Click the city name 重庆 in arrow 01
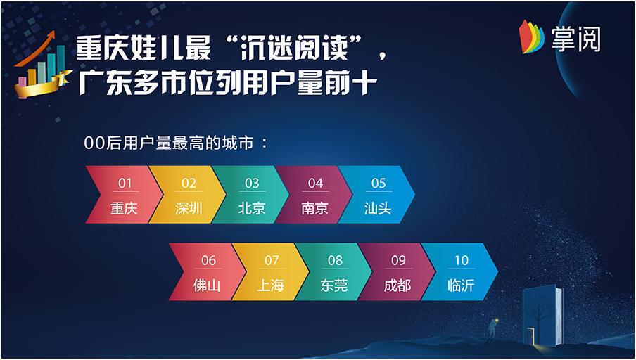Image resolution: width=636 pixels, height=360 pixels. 124,208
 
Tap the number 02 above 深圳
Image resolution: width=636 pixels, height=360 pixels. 189,184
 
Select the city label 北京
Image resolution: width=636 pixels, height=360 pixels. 251,208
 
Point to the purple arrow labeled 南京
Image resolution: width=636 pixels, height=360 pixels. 314,195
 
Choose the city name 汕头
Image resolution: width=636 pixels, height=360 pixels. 378,208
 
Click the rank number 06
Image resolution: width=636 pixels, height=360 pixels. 208,260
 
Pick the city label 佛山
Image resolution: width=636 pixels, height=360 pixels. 206,285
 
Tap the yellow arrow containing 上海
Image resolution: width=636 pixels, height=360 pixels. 270,271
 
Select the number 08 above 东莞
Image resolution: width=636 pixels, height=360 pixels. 335,260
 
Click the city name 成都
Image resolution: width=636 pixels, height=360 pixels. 397,285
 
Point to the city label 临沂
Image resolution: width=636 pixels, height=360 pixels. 461,285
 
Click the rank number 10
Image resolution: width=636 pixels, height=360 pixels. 462,260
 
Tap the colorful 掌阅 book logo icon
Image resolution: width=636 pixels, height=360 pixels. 531,37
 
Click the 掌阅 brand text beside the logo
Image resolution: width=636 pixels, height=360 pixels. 576,39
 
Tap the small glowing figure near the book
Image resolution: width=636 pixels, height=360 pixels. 492,328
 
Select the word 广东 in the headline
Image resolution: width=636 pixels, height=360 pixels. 104,83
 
